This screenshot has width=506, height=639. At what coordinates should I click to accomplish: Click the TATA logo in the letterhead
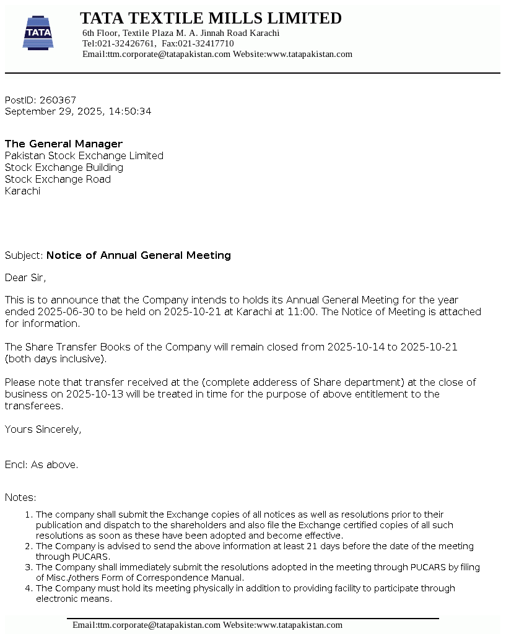tap(38, 33)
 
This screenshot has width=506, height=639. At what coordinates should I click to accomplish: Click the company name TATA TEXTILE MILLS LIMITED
tap(211, 18)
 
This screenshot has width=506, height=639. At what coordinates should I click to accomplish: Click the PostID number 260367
tap(58, 100)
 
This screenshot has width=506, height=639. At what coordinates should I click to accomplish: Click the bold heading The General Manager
tap(64, 144)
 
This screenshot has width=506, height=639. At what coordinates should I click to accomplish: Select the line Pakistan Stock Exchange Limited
tap(84, 155)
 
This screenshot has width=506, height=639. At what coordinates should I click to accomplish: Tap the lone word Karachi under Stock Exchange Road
tap(22, 191)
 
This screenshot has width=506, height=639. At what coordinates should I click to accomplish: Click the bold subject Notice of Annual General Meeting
tap(139, 255)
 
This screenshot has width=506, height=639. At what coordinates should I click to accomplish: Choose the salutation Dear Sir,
tap(25, 277)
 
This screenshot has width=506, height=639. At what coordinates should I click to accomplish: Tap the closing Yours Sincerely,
tap(43, 429)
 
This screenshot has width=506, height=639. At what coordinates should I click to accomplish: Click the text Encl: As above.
tap(41, 464)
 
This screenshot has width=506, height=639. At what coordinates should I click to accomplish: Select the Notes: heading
tap(20, 497)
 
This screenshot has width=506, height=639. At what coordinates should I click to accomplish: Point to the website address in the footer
tap(299, 625)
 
